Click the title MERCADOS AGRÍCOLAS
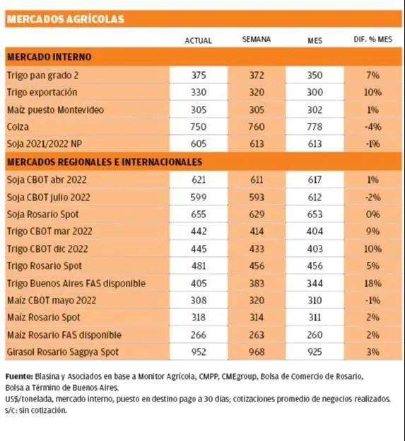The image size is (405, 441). (66, 19)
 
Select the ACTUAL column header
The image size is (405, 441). (199, 41)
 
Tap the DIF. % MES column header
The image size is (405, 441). (373, 40)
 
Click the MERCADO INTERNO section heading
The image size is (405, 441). (49, 57)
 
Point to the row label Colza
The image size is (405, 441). (18, 127)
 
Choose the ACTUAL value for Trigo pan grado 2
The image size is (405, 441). (199, 75)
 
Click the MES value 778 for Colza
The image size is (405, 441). (315, 126)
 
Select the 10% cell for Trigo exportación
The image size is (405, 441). (373, 92)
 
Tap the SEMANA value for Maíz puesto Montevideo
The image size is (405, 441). (257, 109)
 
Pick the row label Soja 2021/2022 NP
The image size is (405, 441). (45, 144)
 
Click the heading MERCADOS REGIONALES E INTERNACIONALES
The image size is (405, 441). (105, 162)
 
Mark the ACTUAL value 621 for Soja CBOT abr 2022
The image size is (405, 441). (199, 180)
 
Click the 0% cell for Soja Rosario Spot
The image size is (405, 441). (373, 215)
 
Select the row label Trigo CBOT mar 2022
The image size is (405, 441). (49, 231)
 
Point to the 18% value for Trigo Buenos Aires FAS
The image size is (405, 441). (373, 283)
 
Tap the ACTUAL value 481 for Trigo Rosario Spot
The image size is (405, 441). (199, 266)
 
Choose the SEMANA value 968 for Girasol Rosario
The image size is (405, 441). (257, 352)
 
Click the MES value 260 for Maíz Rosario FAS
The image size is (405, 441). (315, 334)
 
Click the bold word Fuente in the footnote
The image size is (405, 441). (19, 376)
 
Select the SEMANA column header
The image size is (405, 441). (257, 40)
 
